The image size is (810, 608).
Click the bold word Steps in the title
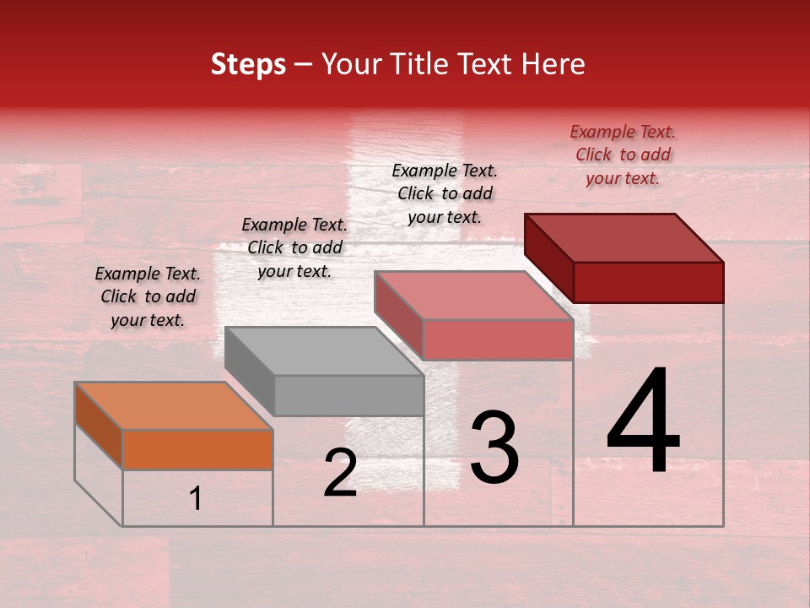tap(248, 64)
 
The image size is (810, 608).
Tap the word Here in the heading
tap(553, 64)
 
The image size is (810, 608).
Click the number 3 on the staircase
tap(494, 447)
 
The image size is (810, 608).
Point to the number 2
tap(340, 474)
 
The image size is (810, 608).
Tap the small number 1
tap(196, 499)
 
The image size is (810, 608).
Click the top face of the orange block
tap(174, 405)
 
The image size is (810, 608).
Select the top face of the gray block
tap(324, 350)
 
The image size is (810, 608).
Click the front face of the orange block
tap(197, 449)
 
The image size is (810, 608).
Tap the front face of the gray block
tap(348, 395)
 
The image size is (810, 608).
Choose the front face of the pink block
tap(498, 339)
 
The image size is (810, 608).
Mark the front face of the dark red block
tap(648, 282)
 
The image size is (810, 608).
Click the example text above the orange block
tap(147, 296)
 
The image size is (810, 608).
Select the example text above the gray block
tap(294, 247)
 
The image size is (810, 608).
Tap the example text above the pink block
tap(445, 193)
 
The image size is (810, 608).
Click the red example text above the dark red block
tap(623, 155)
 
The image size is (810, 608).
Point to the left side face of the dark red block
tap(548, 258)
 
